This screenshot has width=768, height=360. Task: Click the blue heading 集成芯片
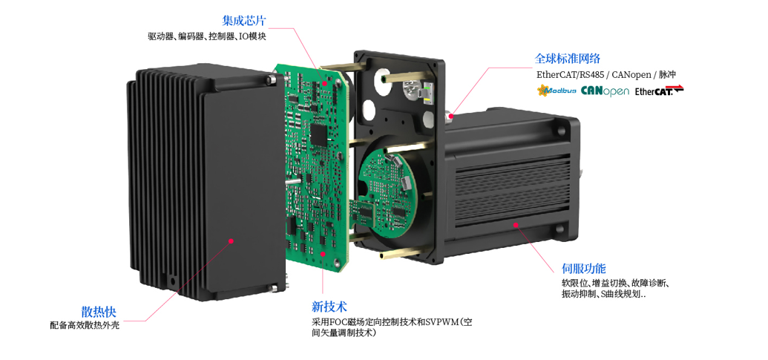tap(244, 21)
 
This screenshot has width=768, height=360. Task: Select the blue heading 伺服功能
tap(584, 269)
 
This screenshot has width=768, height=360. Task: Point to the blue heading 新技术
tap(329, 307)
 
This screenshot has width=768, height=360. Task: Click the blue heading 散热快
tap(99, 312)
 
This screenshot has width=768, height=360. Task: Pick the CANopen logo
tap(605, 91)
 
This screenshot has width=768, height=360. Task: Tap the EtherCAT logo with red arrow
tap(659, 91)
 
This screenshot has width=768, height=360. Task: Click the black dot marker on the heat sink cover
tap(232, 240)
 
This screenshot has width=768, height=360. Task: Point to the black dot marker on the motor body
tap(515, 224)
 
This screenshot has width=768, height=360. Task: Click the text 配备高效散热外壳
tap(85, 326)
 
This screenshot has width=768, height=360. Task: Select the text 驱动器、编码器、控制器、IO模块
tap(207, 36)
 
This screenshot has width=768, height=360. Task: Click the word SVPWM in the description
tap(441, 322)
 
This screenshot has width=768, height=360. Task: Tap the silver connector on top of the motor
tap(449, 116)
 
